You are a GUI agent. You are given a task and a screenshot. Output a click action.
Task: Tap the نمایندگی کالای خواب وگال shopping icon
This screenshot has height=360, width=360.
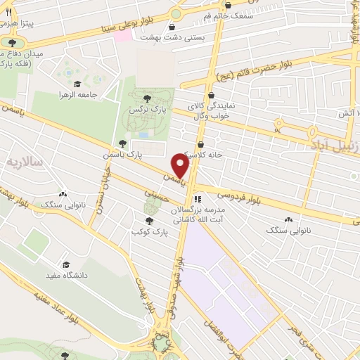click(x=210, y=96)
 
